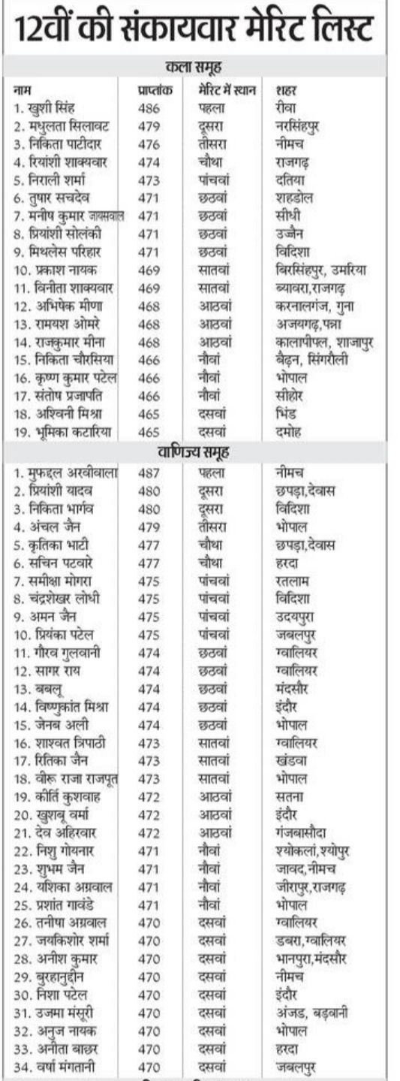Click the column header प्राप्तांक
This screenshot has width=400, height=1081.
pos(155,90)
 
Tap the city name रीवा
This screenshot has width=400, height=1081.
pos(287,107)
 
